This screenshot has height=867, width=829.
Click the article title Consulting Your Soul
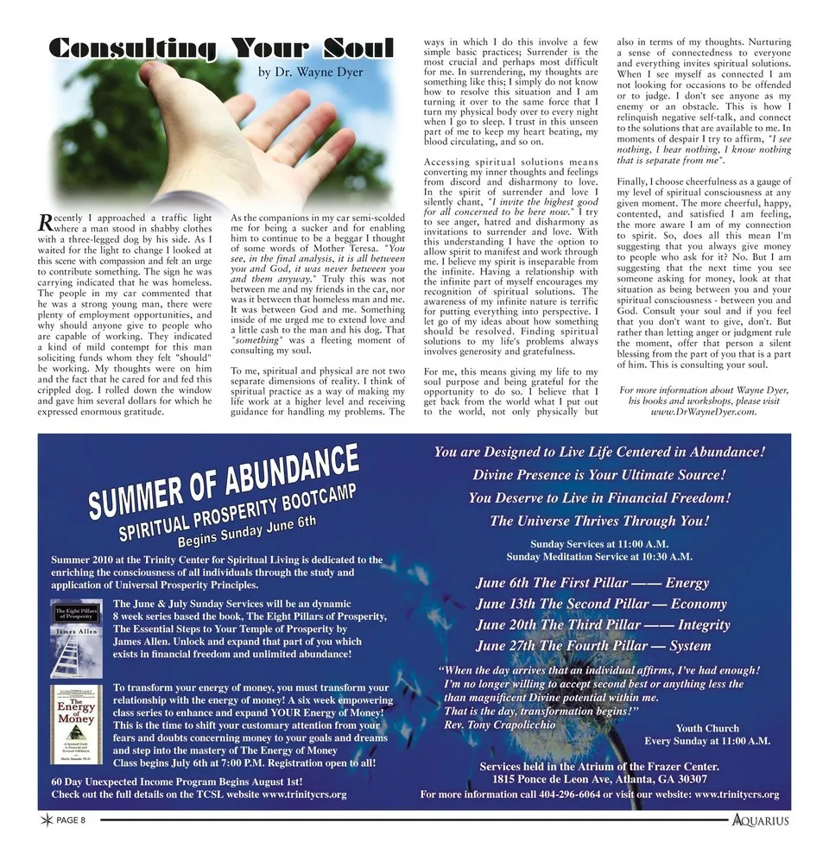(220, 49)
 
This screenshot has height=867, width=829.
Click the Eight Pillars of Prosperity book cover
(75, 636)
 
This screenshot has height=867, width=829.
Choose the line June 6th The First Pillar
(592, 583)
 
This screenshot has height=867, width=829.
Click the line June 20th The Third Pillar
(603, 625)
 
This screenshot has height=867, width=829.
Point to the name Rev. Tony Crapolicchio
(499, 725)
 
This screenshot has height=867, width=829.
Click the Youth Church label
(707, 728)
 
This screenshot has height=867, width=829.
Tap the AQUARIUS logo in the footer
(760, 820)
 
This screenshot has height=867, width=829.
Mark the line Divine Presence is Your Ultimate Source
(598, 475)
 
